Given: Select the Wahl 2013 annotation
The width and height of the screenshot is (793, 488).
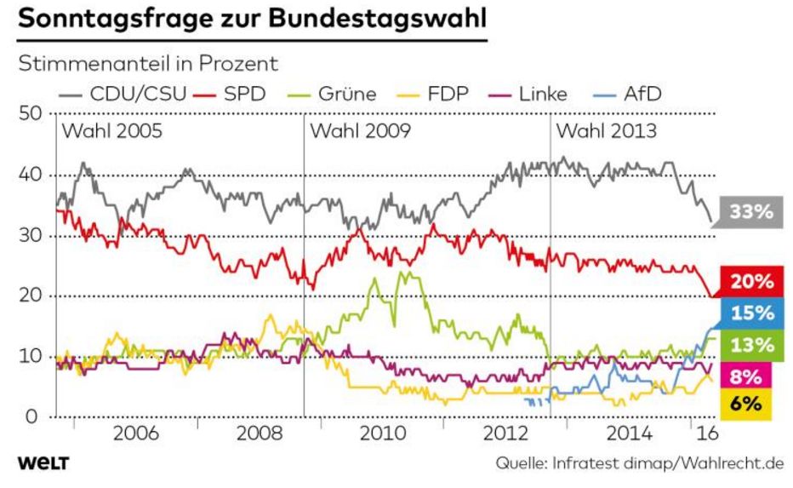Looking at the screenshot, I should (x=605, y=132).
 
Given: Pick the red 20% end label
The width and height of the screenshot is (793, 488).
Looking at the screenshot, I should (x=751, y=282).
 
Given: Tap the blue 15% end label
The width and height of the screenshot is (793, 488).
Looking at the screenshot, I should (x=751, y=313).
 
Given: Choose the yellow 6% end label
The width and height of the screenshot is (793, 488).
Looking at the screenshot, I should (x=751, y=404).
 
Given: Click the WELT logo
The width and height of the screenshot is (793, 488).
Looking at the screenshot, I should (x=43, y=463).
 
